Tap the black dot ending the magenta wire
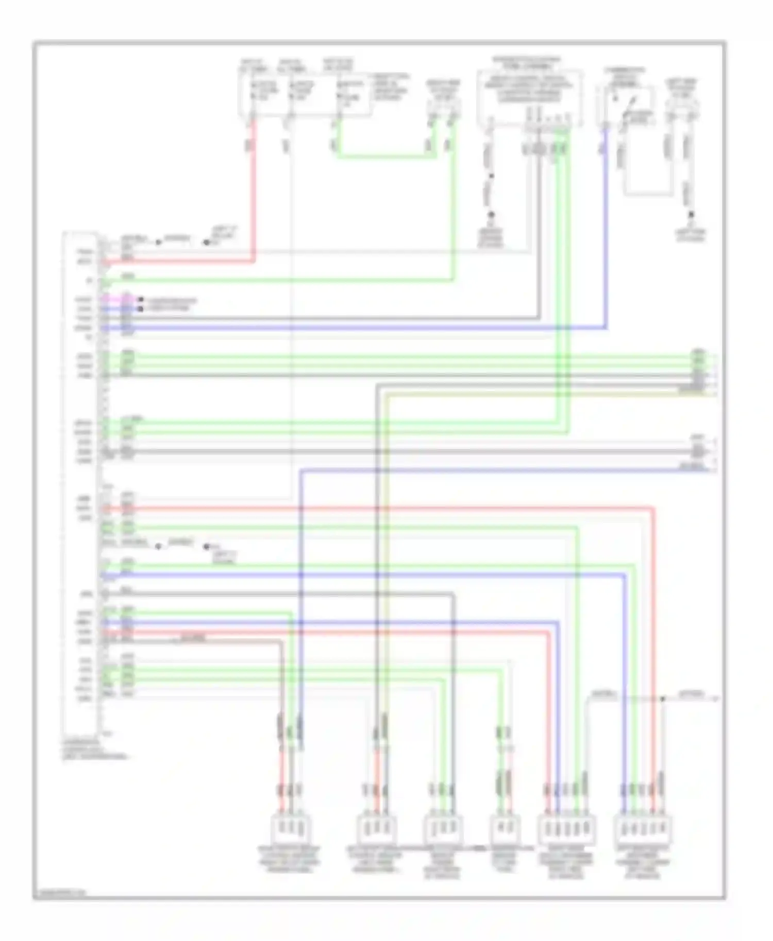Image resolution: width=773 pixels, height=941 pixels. pyautogui.click(x=140, y=299)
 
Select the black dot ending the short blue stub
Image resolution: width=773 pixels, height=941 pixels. pyautogui.click(x=140, y=309)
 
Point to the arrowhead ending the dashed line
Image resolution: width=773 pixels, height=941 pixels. pyautogui.click(x=715, y=699)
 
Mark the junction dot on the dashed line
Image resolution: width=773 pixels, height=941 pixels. pyautogui.click(x=663, y=699)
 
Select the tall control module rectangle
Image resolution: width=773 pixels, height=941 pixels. pyautogui.click(x=80, y=484)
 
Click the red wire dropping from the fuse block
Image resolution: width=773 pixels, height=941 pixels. pyautogui.click(x=254, y=196)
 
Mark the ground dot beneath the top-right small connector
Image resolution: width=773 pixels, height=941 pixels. pyautogui.click(x=691, y=214)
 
